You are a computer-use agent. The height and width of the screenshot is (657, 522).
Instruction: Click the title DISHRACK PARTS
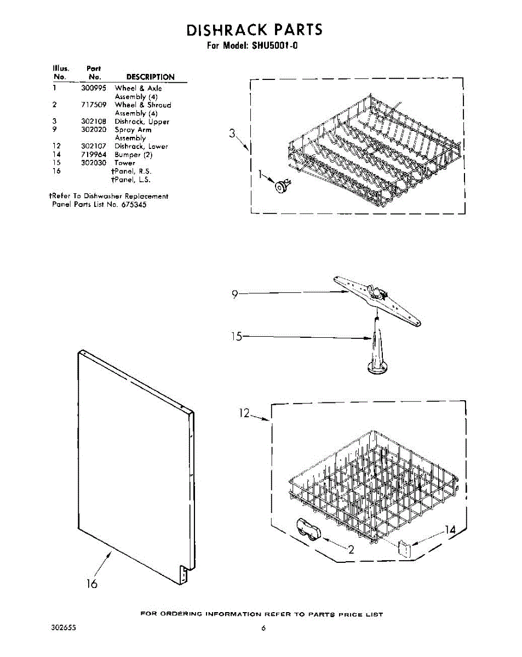(255, 30)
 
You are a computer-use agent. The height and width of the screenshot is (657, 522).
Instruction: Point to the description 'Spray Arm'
(133, 130)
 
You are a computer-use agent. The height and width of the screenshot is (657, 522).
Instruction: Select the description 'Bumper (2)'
(133, 155)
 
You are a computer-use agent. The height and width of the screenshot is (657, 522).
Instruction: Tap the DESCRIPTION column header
(150, 77)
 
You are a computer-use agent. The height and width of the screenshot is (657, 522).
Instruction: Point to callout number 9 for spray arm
(234, 295)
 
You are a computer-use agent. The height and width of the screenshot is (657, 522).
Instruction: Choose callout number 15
(236, 337)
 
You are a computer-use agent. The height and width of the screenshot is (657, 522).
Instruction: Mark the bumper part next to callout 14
(405, 548)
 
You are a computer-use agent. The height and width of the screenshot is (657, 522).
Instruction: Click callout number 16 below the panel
(91, 584)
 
